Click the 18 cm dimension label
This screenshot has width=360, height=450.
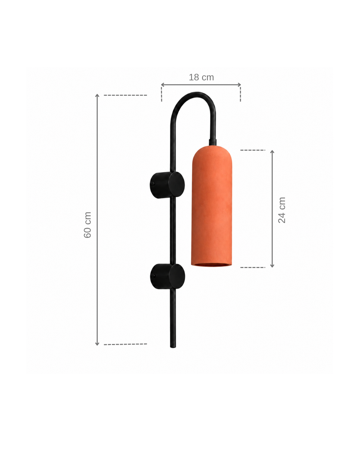[201, 77]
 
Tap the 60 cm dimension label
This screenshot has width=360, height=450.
[87, 225]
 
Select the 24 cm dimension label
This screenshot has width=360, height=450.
[282, 210]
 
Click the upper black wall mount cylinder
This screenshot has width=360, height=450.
[167, 185]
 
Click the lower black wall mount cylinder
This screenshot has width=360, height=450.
[167, 276]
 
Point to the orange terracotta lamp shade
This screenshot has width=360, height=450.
[212, 206]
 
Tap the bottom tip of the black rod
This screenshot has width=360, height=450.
[173, 347]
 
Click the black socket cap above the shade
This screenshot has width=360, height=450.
[213, 142]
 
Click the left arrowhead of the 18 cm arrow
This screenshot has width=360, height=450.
[162, 85]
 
